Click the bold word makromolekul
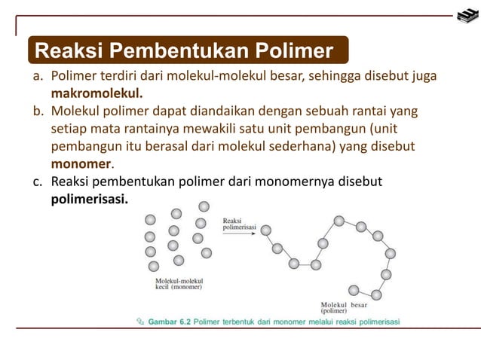97,94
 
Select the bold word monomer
81,163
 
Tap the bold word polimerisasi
90,201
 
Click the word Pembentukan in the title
187,51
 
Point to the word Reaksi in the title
69,51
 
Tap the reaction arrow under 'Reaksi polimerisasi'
238,234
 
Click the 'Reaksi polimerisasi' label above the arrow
239,224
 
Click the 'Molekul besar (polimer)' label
344,307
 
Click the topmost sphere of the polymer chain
339,221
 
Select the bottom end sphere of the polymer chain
354,289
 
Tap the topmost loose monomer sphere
204,206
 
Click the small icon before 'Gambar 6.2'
139,322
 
